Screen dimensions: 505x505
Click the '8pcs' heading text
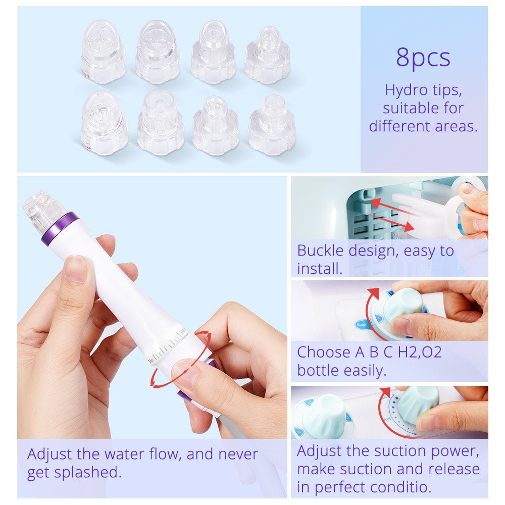[423, 58]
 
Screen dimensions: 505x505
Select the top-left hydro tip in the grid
[103, 52]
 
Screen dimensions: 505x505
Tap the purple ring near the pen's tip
[60, 228]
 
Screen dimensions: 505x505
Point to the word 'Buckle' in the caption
[321, 250]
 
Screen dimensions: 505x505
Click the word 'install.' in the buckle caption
[320, 269]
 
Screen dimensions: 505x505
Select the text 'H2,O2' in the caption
[420, 352]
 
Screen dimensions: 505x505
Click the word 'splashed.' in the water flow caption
[87, 473]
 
